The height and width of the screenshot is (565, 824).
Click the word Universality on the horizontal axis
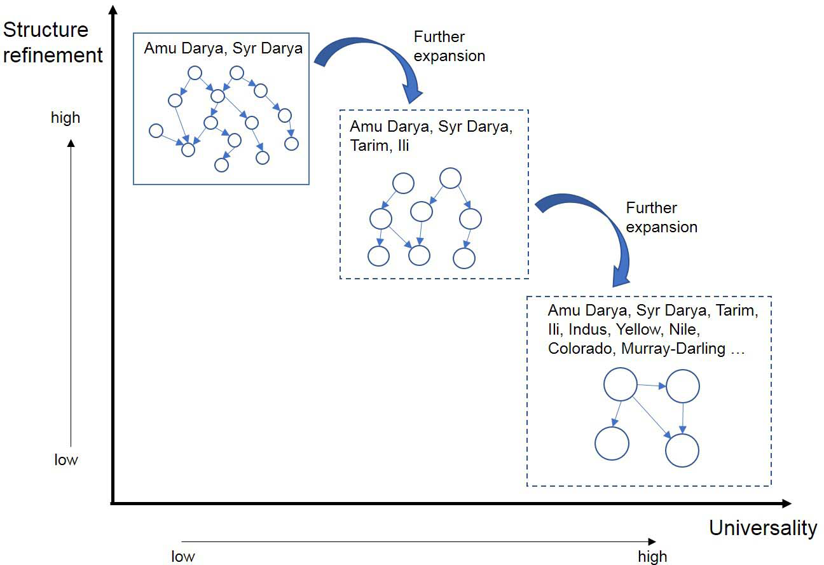pyautogui.click(x=763, y=528)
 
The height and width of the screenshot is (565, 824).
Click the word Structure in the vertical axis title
pyautogui.click(x=46, y=30)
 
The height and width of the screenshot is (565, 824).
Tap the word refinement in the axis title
pyautogui.click(x=53, y=55)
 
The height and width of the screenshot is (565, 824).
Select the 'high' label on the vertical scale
pyautogui.click(x=65, y=118)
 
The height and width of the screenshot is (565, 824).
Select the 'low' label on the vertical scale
pyautogui.click(x=65, y=459)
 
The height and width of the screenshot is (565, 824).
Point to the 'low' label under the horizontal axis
pyautogui.click(x=183, y=557)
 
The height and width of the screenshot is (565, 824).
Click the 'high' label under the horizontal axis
pyautogui.click(x=652, y=557)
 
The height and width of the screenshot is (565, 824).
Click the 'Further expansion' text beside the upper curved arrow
pyautogui.click(x=449, y=46)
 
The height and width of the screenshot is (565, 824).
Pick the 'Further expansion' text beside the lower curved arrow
pyautogui.click(x=661, y=218)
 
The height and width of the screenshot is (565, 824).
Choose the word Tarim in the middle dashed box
pyautogui.click(x=368, y=145)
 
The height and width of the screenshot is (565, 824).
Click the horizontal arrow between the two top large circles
pyautogui.click(x=652, y=385)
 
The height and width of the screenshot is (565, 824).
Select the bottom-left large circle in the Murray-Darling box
pyautogui.click(x=612, y=443)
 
